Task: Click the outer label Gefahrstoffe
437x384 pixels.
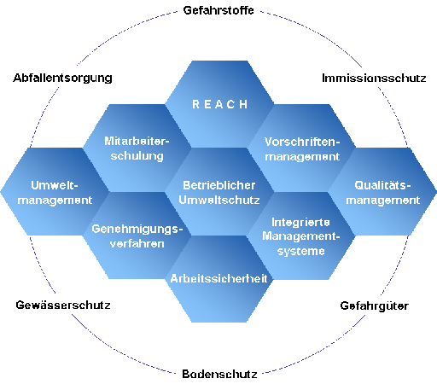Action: pyautogui.click(x=218, y=10)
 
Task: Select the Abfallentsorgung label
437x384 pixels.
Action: pyautogui.click(x=62, y=79)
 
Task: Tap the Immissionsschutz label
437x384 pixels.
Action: pyautogui.click(x=374, y=78)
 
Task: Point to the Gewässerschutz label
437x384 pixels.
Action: pyautogui.click(x=63, y=305)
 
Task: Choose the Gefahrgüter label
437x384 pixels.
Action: pyautogui.click(x=375, y=306)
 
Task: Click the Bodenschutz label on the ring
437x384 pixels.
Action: pyautogui.click(x=219, y=374)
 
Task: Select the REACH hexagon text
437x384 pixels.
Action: pyautogui.click(x=220, y=104)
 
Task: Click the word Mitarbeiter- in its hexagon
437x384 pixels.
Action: pyautogui.click(x=137, y=141)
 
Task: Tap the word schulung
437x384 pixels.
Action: pyautogui.click(x=137, y=156)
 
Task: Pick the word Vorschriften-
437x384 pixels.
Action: pyautogui.click(x=302, y=142)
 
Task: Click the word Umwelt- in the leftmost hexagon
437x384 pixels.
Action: pyautogui.click(x=55, y=185)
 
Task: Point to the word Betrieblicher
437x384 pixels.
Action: pyautogui.click(x=219, y=185)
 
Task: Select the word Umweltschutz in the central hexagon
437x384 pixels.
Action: pyautogui.click(x=219, y=201)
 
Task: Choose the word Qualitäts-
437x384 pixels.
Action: pyautogui.click(x=382, y=185)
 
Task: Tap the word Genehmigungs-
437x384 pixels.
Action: pyautogui.click(x=137, y=230)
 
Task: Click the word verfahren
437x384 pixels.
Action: pyautogui.click(x=137, y=244)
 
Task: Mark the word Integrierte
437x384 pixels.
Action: pyautogui.click(x=300, y=222)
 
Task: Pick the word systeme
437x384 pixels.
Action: pyautogui.click(x=301, y=251)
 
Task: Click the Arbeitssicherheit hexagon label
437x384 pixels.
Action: pyautogui.click(x=218, y=278)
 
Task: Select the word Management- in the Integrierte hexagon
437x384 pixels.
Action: pyautogui.click(x=301, y=236)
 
